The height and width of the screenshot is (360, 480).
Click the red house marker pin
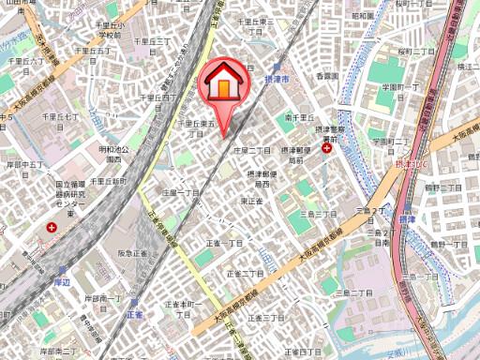[x=223, y=83]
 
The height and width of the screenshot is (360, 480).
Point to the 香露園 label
[x=326, y=74]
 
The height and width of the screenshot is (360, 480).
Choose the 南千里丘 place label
[x=297, y=116]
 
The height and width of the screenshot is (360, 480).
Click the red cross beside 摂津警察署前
[x=326, y=146]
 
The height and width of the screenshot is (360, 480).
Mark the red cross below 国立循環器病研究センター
[x=53, y=227]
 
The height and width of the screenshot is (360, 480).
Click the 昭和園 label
[x=363, y=16]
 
